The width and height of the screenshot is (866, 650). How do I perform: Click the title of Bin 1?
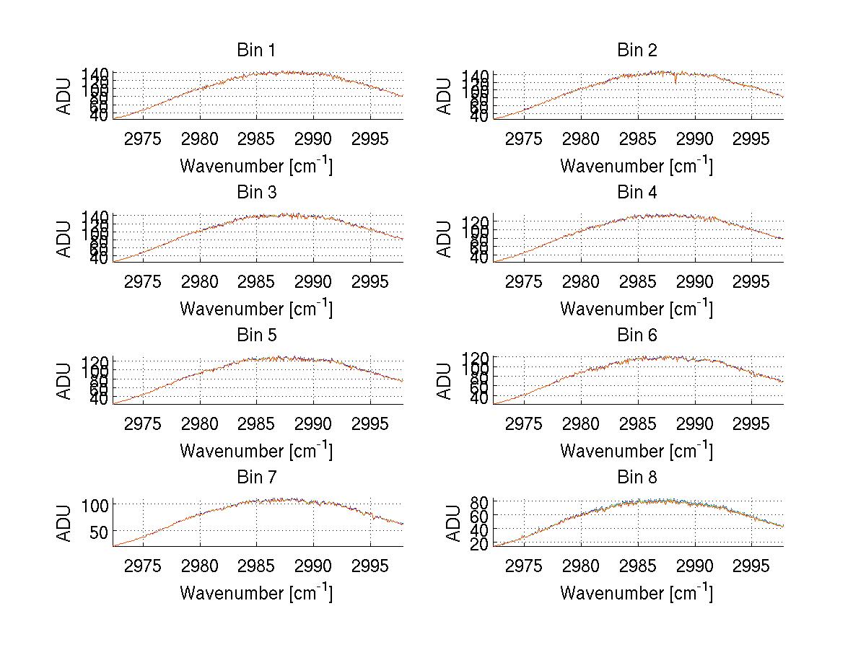[x=255, y=50]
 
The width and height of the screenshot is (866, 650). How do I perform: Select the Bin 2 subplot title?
[x=637, y=50]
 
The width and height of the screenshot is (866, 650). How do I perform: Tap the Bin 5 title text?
[x=255, y=335]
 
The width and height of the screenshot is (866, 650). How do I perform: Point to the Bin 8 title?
[x=637, y=478]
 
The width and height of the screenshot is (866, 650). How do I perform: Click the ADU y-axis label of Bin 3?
[x=65, y=238]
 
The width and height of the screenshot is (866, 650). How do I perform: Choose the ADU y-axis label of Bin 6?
[x=445, y=380]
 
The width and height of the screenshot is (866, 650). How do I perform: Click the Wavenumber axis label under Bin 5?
[x=255, y=451]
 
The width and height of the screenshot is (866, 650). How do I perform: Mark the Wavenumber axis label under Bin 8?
[x=637, y=593]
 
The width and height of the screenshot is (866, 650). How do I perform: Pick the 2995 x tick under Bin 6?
[x=751, y=423]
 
